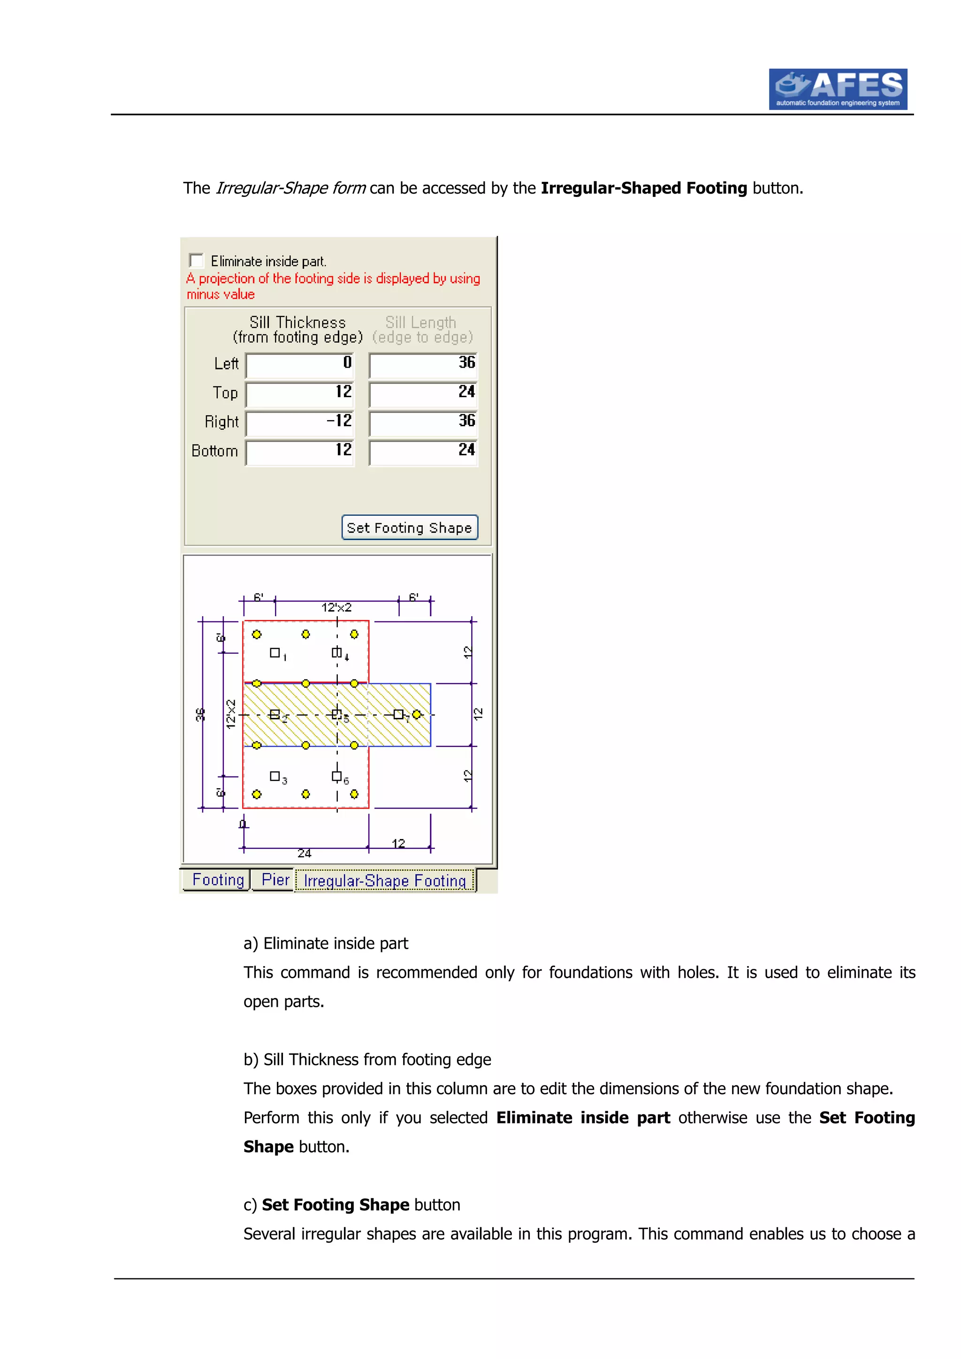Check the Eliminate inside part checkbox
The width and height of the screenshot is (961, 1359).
(x=196, y=260)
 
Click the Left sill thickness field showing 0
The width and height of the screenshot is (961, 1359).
(x=300, y=365)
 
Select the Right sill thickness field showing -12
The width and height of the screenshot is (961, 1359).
(x=300, y=423)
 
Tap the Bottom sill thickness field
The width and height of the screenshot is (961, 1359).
(x=300, y=452)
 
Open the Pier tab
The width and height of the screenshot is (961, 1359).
(x=275, y=880)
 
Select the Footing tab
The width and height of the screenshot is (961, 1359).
(x=217, y=880)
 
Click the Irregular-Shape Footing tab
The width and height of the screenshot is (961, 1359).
(x=385, y=881)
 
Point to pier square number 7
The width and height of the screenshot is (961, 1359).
(x=398, y=714)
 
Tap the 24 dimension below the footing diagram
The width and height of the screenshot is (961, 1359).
(x=305, y=853)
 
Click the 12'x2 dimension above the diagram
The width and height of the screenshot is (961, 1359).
(x=336, y=607)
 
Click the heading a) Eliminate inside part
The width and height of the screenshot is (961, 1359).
(x=326, y=944)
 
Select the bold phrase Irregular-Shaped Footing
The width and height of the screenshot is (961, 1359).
(x=644, y=188)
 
